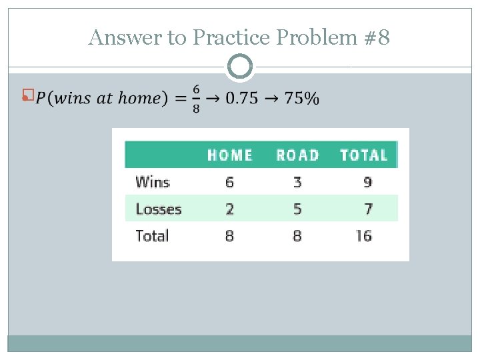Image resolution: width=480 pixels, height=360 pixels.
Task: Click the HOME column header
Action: [x=230, y=155]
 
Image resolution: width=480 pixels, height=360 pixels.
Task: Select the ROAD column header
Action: [x=297, y=155]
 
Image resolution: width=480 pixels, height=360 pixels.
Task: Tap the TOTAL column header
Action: [x=364, y=155]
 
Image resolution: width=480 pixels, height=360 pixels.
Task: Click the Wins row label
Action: [x=153, y=182]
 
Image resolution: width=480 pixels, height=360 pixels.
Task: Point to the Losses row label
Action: [x=159, y=209]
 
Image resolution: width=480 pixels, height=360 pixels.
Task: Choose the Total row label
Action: [x=152, y=235]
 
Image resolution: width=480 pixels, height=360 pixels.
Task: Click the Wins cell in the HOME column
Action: [x=230, y=182]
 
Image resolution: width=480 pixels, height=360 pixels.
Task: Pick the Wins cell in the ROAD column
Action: [x=297, y=182]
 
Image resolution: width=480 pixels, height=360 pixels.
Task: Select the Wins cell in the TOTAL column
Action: [x=368, y=182]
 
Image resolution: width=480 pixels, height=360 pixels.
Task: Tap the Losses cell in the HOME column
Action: [x=230, y=209]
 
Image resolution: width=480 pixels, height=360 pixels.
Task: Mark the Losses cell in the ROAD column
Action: [x=297, y=209]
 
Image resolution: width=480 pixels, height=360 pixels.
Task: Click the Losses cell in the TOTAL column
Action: [x=368, y=209]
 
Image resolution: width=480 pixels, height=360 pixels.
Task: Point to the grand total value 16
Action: [x=363, y=235]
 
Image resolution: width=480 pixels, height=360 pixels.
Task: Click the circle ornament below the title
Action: [x=240, y=67]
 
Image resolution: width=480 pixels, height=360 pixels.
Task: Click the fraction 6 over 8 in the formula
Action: [x=196, y=98]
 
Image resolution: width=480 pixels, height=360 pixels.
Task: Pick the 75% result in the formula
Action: [x=301, y=98]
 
